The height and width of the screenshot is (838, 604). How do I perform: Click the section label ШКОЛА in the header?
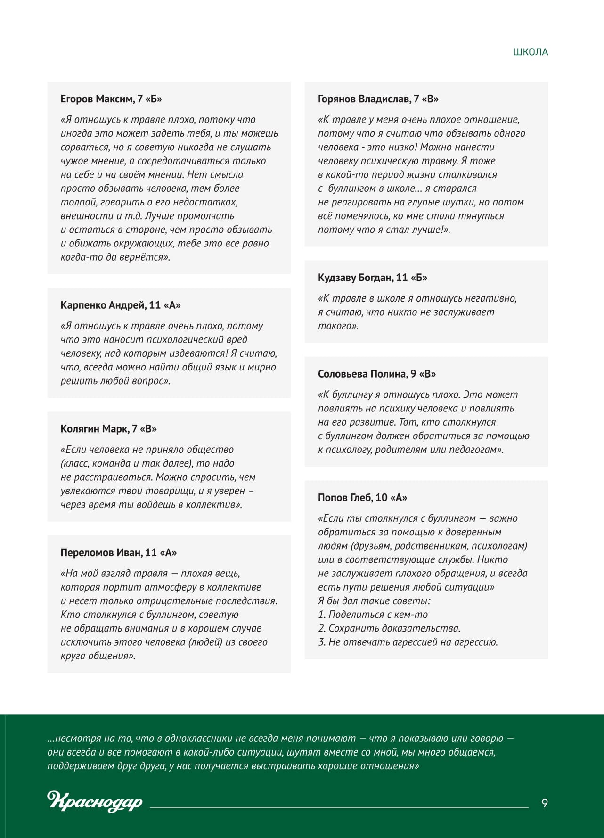click(x=531, y=52)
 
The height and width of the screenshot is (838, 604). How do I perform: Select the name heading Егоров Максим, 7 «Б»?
click(x=111, y=99)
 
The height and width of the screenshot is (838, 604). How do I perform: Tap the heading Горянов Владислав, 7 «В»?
click(x=378, y=99)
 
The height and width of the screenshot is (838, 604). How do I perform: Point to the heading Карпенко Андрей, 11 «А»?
click(x=121, y=305)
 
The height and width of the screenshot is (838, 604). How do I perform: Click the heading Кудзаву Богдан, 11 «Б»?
click(x=372, y=278)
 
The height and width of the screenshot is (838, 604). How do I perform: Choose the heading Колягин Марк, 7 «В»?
click(x=108, y=429)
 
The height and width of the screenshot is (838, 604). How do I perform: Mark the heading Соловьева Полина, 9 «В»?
click(x=376, y=374)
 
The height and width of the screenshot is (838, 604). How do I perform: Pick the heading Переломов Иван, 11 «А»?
click(x=118, y=552)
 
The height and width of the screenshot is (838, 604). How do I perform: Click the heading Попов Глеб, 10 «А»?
click(x=362, y=498)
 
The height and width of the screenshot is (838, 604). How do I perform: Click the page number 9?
click(x=545, y=803)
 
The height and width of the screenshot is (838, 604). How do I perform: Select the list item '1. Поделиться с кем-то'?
click(x=373, y=615)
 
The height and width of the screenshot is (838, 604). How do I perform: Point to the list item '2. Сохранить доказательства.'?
click(x=389, y=628)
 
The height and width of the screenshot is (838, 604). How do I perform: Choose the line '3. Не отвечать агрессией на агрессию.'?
click(x=408, y=642)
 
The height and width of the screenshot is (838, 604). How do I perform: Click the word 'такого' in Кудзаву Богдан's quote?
click(x=337, y=326)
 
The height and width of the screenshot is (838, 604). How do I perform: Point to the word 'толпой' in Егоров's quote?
click(x=75, y=202)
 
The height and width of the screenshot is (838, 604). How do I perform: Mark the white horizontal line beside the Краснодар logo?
click(x=339, y=807)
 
